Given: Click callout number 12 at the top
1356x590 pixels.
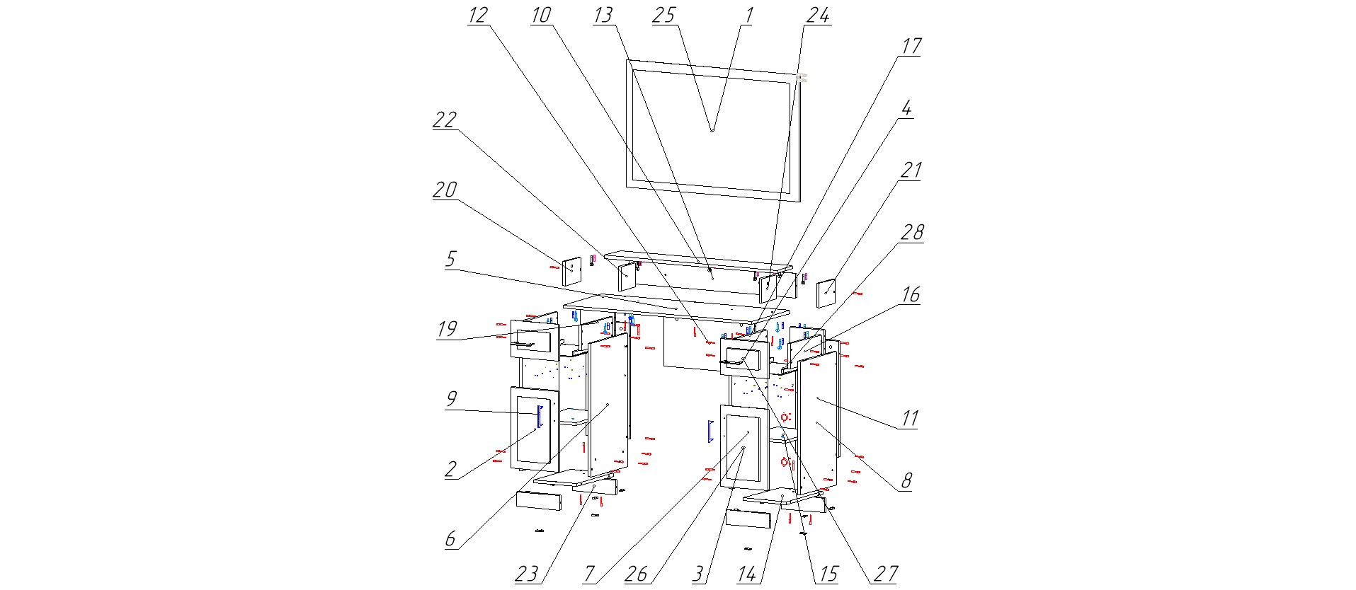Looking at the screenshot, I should [478, 16].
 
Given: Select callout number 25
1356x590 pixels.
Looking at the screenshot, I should [664, 16].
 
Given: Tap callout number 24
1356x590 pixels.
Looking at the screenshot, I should [818, 16].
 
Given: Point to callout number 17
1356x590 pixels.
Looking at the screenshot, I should [911, 47].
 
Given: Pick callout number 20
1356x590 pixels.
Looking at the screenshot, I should [445, 190].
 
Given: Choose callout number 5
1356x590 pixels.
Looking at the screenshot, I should [450, 259].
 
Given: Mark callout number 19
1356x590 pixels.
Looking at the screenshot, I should [447, 329].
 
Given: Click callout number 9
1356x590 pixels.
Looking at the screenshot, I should [451, 399].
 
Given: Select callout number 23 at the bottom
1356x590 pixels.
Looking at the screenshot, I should [526, 574].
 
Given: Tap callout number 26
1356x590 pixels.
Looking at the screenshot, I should [636, 574].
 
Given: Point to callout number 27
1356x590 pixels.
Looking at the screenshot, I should [885, 574].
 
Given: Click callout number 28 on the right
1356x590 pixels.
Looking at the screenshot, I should [912, 232].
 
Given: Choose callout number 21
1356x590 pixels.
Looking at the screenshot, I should [911, 170].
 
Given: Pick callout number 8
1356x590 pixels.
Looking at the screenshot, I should [906, 481].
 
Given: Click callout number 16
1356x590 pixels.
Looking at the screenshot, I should [911, 294].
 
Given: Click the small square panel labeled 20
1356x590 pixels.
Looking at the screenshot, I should [571, 272].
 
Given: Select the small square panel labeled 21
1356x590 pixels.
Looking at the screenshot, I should [826, 293].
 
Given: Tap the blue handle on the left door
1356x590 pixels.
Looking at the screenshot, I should [540, 416].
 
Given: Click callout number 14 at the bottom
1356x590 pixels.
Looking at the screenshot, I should [747, 574].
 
